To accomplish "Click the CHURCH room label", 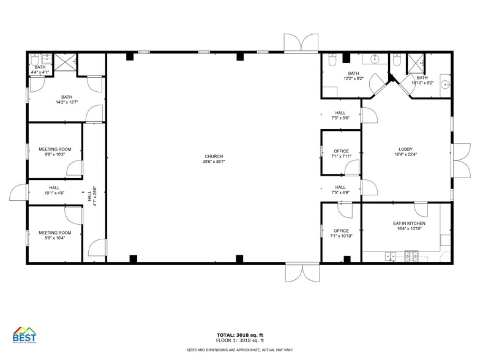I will tap(214, 159).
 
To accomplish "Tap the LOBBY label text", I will tap(405, 152).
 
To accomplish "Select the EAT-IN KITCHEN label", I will tap(409, 226).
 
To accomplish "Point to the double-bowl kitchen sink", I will tap(390, 256).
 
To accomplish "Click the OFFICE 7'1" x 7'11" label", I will tap(341, 154).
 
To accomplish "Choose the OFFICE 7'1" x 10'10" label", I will tap(341, 233).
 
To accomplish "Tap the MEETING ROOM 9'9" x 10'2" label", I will tap(55, 152).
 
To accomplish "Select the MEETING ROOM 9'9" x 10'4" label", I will tap(55, 235).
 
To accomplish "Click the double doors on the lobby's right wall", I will tap(461, 160).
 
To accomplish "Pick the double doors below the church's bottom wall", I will tap(302, 273).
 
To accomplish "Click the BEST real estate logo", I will tap(24, 335).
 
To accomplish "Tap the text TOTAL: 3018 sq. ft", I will tap(239, 334).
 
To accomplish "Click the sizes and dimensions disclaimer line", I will tap(239, 350).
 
